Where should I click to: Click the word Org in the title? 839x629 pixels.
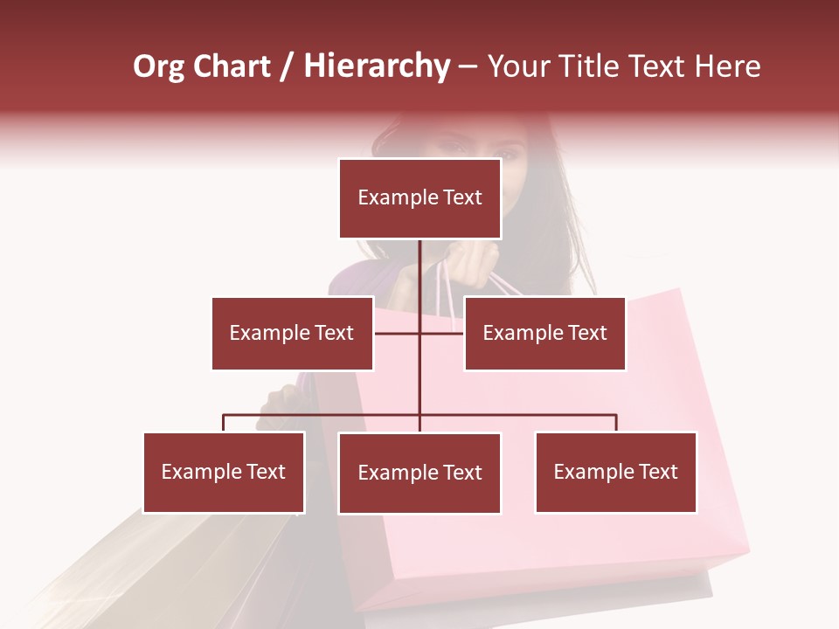tap(158, 66)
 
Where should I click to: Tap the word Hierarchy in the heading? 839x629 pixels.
tap(376, 66)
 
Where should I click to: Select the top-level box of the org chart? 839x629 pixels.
tap(419, 198)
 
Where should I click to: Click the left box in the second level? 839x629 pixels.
tap(292, 333)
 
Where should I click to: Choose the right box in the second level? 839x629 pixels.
tap(544, 333)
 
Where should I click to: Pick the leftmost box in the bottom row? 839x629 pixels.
tap(224, 472)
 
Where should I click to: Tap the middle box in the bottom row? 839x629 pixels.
tap(419, 473)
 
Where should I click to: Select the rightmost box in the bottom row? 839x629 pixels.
tap(615, 472)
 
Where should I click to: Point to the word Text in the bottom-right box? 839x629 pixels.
tap(658, 472)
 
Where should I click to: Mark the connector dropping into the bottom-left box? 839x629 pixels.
tap(224, 423)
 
